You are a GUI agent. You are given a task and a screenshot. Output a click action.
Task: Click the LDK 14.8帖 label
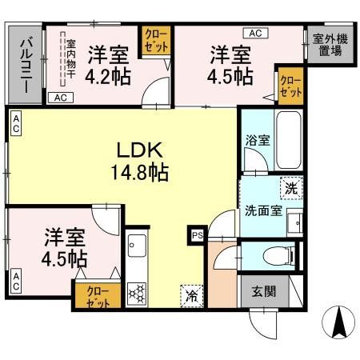tap(142, 160)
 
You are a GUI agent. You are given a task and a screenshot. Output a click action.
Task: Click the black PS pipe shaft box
tap(196, 235)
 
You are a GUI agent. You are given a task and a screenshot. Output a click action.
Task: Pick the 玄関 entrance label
tap(262, 290)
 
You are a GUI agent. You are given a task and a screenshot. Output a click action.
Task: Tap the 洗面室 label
tap(262, 212)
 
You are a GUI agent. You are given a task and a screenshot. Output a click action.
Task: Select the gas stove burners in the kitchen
tap(136, 292)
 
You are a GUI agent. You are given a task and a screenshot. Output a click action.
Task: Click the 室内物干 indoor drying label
tap(70, 60)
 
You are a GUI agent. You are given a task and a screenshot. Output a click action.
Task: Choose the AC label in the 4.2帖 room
tap(59, 98)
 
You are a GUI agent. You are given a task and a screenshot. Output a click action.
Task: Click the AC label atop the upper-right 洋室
tap(256, 33)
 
